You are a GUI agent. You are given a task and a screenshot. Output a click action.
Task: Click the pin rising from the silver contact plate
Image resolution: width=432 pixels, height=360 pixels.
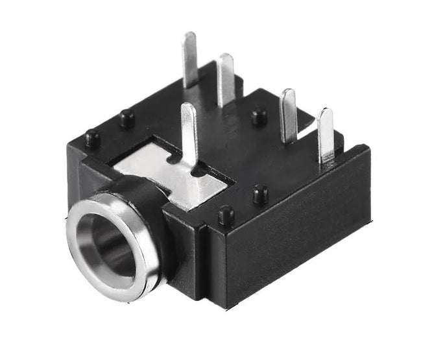[189, 133]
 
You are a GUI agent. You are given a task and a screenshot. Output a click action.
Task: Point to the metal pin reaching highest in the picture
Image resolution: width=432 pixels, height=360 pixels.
[190, 58]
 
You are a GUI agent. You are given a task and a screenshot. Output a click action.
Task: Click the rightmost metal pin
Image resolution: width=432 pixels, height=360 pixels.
[326, 136]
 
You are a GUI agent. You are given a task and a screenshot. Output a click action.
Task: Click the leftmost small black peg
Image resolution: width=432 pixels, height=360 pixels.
[92, 138]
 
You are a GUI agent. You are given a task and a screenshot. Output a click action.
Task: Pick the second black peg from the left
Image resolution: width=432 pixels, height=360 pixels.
[127, 118]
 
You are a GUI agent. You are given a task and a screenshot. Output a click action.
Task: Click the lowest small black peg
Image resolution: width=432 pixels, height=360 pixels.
[226, 214]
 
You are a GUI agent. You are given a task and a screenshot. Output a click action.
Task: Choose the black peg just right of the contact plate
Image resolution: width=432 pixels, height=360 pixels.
[260, 193]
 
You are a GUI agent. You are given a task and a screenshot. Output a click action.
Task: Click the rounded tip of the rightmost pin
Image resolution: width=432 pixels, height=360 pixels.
[326, 113]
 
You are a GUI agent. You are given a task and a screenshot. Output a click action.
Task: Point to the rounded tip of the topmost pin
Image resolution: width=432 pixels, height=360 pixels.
[189, 35]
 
